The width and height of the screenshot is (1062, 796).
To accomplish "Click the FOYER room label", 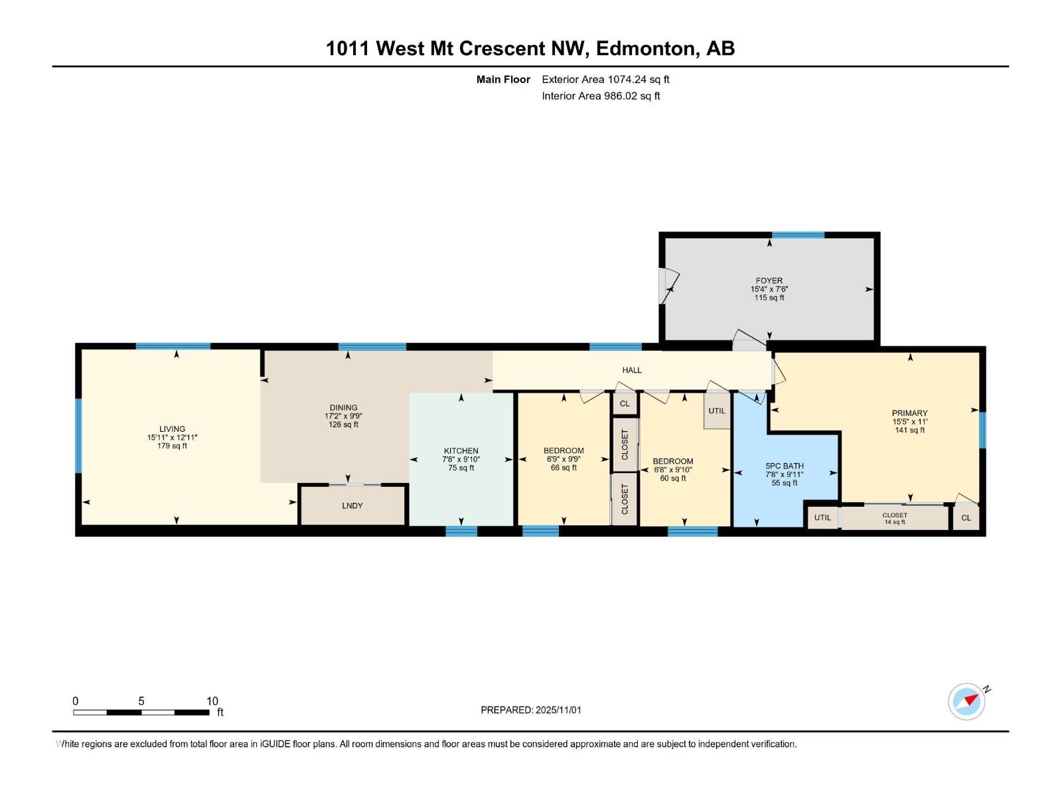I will coord(769,281).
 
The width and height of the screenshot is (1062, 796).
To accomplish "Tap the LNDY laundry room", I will coord(352,505).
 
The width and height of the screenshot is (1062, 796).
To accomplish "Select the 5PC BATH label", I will coord(784,466).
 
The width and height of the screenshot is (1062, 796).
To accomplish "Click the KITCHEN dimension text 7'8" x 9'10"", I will coord(461,459).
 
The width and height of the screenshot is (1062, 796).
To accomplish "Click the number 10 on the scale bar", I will coord(212,701).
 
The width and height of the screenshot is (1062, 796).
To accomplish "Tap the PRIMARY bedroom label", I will coord(909,413).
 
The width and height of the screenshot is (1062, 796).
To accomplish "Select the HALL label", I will coord(631,370).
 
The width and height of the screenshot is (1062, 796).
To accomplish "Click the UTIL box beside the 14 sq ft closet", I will coord(822,517).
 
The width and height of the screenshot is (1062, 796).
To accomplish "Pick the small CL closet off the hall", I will coord(624,403).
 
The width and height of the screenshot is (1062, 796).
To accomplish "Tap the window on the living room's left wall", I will coord(78,435).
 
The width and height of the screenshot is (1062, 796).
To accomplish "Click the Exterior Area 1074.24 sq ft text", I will coord(605,80).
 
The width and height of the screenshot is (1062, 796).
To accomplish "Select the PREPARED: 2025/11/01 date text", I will coord(530,710).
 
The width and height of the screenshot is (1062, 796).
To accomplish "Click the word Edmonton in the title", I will coord(646,48).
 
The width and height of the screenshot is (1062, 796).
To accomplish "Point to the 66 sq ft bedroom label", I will coord(564,468).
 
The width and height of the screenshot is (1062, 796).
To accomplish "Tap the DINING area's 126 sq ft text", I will coord(343,425).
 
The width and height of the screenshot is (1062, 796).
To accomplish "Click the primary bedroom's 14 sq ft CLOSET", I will coord(894,518).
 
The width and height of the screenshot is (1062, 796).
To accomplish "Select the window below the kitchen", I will coord(461,531).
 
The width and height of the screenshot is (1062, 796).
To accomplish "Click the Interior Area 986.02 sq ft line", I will coord(600,96).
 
